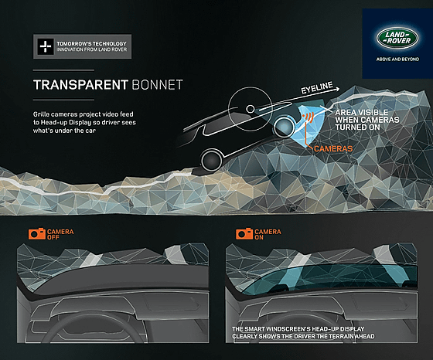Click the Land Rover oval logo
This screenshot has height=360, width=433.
tap(397, 38)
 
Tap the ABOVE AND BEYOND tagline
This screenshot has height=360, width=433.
tap(397, 59)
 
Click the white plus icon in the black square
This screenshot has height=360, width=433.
tap(46, 46)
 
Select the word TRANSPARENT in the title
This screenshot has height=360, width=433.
tap(80, 85)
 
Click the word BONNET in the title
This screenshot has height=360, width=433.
tap(158, 85)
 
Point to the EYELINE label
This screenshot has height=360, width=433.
tap(317, 88)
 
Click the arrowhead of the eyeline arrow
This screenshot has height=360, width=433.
tap(337, 89)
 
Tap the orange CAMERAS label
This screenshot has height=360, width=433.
tap(333, 148)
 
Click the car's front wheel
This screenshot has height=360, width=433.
tap(284, 127)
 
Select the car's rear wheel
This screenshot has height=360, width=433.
tap(212, 160)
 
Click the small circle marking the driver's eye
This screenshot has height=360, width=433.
tap(251, 109)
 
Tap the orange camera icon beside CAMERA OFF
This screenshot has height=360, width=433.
tap(37, 233)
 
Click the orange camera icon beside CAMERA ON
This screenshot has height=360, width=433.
tap(244, 233)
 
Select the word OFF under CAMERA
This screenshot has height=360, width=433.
tap(53, 237)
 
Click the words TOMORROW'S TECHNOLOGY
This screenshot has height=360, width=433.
tap(91, 43)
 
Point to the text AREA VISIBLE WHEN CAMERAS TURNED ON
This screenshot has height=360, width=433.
tap(367, 120)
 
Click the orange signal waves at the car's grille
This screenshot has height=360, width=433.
tap(309, 117)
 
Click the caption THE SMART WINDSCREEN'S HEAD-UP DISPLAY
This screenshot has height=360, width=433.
tap(298, 329)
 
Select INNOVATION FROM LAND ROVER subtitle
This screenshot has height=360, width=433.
tap(92, 49)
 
